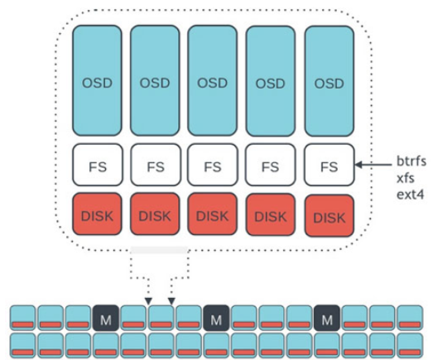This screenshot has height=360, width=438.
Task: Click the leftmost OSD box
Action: click(x=97, y=80)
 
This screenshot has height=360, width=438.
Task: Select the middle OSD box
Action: click(x=212, y=80)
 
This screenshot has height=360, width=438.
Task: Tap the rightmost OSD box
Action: click(x=330, y=81)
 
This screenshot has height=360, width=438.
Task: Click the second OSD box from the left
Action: click(x=155, y=80)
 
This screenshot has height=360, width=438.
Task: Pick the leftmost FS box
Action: click(x=97, y=165)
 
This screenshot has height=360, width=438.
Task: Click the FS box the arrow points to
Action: click(x=330, y=165)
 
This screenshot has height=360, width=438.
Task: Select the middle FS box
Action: click(x=213, y=165)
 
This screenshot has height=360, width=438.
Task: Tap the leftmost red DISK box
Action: click(x=97, y=214)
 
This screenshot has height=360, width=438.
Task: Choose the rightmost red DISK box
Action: click(x=330, y=216)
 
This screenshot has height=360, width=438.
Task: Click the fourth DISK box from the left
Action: click(x=271, y=214)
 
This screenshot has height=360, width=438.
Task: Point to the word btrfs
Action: click(x=411, y=161)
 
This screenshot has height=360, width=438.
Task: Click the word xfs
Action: click(x=405, y=178)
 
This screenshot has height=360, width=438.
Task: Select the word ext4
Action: click(x=410, y=194)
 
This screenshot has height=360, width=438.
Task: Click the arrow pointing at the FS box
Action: click(x=373, y=165)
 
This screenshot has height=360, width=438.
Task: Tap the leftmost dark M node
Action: click(x=106, y=318)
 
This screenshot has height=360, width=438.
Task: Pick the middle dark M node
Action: click(x=216, y=318)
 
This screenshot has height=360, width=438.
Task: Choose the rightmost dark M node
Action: click(x=327, y=318)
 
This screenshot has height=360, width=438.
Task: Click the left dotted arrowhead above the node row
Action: click(x=148, y=301)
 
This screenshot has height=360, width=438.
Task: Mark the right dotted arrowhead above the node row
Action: click(x=171, y=301)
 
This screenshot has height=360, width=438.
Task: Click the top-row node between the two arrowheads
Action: click(x=161, y=318)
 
